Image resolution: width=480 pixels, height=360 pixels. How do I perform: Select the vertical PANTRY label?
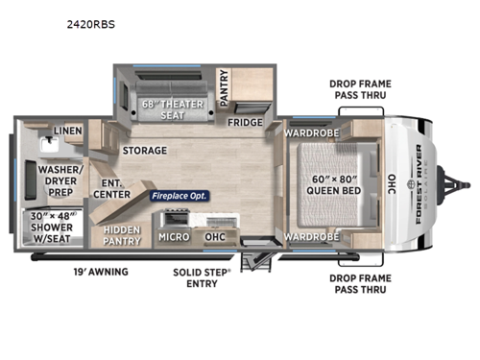[224, 87]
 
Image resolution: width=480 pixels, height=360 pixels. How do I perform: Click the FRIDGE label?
[245, 122]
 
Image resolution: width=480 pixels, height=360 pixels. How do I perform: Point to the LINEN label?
[67, 130]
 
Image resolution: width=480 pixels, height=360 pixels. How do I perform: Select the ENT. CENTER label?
[111, 189]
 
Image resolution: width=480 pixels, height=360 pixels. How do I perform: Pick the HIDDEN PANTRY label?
[122, 235]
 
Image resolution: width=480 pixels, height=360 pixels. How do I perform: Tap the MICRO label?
[173, 236]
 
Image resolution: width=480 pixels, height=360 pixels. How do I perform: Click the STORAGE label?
[144, 151]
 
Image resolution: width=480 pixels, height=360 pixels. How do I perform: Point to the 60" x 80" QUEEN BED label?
[333, 182]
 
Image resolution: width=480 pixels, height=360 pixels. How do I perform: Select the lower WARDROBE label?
[313, 236]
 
